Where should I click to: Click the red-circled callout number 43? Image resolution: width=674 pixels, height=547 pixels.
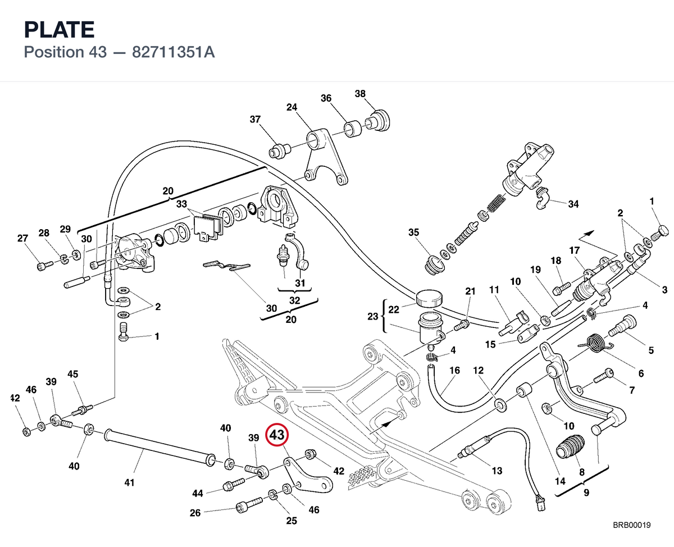277,435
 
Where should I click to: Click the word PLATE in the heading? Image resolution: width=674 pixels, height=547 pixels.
59,30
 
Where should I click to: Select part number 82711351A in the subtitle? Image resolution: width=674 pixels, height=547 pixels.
174,52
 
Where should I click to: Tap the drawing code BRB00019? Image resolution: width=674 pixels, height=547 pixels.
632,525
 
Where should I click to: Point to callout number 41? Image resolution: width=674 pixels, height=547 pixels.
129,483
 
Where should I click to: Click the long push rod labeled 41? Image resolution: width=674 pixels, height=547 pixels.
160,448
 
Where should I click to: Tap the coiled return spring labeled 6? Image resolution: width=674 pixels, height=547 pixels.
595,344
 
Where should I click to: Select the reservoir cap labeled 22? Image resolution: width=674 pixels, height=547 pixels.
429,298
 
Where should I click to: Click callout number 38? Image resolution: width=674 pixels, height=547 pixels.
360,94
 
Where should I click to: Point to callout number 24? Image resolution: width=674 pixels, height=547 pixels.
292,107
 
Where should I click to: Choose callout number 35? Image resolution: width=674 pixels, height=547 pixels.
413,232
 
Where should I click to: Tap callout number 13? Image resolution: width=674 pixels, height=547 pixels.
497,471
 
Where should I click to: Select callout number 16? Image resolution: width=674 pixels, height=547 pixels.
455,370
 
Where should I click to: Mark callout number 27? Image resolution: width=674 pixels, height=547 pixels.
23,238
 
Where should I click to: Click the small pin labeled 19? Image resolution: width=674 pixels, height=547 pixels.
561,308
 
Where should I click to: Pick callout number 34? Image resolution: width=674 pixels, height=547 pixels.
573,204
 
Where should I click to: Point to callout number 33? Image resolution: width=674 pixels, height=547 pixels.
181,204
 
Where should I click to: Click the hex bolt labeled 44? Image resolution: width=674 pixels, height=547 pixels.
234,485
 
